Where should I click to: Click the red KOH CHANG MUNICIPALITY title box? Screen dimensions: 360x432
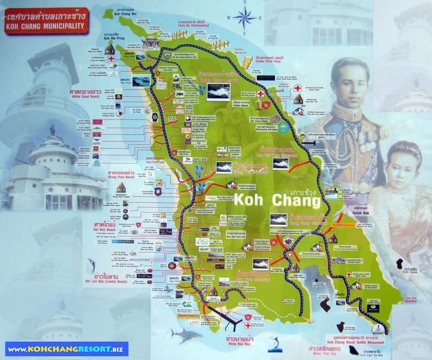click(45, 21)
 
